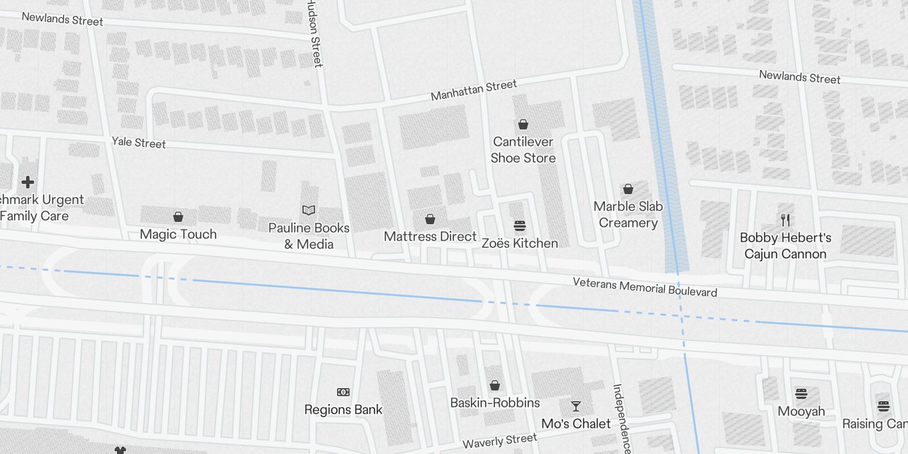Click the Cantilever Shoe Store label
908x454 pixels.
click(x=523, y=150)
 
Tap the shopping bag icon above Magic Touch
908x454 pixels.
click(x=178, y=217)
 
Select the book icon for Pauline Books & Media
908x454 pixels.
click(x=309, y=211)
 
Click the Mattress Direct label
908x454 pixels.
click(x=430, y=236)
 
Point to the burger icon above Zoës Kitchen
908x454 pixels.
click(x=519, y=226)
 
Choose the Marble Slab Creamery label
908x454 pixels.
click(x=628, y=215)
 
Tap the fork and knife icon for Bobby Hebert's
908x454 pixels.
click(x=785, y=220)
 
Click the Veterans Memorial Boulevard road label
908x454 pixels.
click(x=645, y=287)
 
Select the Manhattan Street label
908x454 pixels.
click(x=474, y=90)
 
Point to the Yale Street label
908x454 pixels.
click(x=138, y=142)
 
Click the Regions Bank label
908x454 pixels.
click(x=343, y=409)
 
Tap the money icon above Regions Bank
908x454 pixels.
click(x=343, y=392)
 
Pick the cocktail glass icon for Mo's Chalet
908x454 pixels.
click(x=576, y=406)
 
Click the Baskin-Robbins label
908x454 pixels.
click(x=495, y=403)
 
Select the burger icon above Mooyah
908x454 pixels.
click(x=801, y=393)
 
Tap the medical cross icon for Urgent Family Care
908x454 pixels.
click(x=28, y=182)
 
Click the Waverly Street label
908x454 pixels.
click(x=499, y=441)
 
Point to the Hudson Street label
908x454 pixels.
click(x=314, y=34)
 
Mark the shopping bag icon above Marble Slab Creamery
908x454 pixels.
click(x=628, y=189)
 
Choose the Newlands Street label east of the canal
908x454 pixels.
click(x=800, y=77)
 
